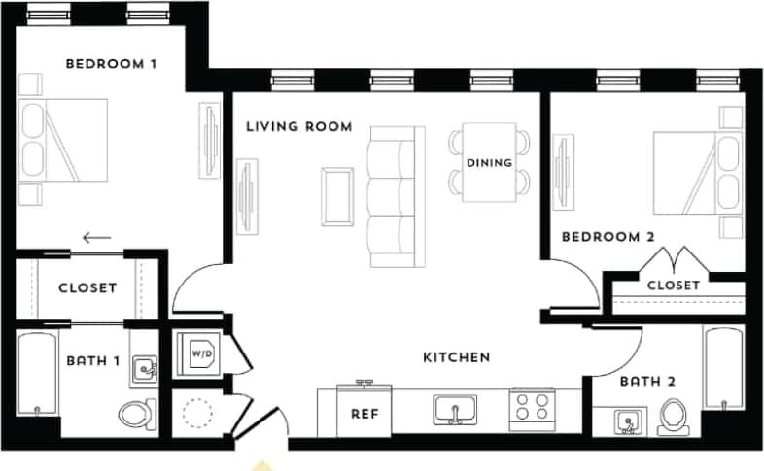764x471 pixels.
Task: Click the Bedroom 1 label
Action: [111, 64]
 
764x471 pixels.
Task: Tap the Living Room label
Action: [298, 126]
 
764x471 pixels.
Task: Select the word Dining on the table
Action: [489, 162]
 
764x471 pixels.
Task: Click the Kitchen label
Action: [456, 357]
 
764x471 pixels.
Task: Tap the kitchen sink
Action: [454, 410]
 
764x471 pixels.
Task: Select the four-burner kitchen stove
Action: [532, 408]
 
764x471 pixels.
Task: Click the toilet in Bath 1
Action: [137, 414]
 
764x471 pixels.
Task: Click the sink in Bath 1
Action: [144, 369]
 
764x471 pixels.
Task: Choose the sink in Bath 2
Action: [628, 422]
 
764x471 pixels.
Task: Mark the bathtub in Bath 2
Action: [723, 369]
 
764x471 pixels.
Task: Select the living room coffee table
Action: [338, 195]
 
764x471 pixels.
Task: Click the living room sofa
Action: [392, 197]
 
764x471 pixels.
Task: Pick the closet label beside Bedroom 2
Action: [673, 285]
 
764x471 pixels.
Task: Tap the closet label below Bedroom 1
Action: [87, 287]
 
